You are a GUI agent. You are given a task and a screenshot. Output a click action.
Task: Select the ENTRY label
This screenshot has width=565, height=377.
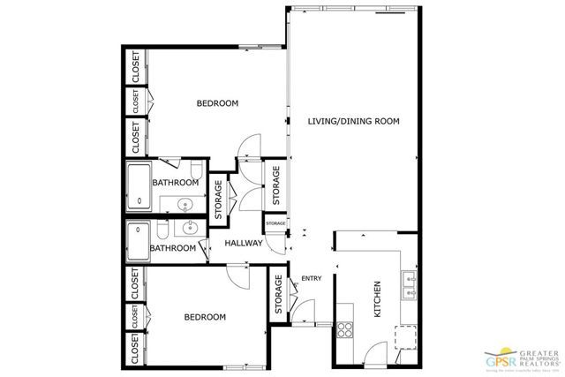(312, 279)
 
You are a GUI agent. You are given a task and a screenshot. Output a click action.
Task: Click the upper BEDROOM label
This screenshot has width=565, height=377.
(217, 103)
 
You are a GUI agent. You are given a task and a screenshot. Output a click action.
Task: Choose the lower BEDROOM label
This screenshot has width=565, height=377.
(205, 317)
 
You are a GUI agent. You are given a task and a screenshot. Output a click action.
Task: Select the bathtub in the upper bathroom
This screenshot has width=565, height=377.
(139, 186)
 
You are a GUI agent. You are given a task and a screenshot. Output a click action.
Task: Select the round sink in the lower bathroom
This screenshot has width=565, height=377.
(187, 228)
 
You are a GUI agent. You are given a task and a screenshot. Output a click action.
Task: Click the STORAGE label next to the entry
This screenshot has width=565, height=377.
(279, 293)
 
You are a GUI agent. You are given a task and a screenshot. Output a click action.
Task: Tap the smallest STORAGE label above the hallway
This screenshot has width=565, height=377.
(276, 224)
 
